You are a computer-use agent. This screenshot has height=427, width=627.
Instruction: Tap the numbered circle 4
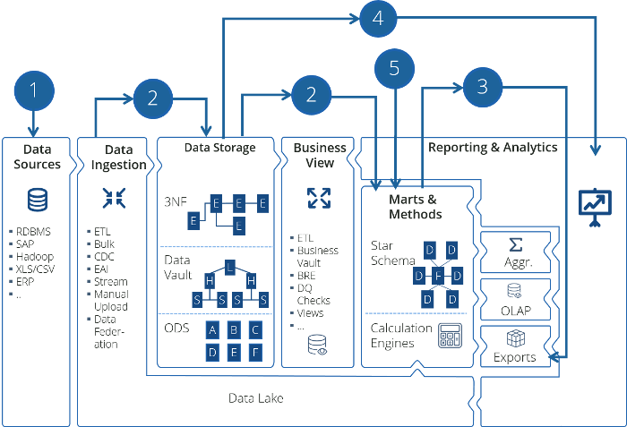click(379, 19)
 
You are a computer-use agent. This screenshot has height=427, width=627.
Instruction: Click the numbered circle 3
click(483, 87)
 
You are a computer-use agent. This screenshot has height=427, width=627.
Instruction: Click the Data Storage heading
click(219, 147)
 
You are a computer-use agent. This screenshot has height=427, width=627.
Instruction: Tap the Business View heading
click(314, 155)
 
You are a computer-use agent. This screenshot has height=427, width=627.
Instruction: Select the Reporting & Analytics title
click(493, 147)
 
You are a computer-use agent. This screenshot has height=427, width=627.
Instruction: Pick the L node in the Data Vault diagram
click(229, 266)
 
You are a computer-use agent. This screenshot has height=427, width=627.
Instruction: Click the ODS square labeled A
click(212, 329)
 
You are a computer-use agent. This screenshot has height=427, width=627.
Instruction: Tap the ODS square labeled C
click(255, 329)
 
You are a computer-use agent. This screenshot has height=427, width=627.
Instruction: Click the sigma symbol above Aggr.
click(515, 244)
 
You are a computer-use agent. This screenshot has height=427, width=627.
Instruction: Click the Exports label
click(515, 357)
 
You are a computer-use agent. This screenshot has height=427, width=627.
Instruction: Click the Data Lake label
click(255, 397)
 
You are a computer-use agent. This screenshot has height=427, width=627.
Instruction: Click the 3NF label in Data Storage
click(176, 204)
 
